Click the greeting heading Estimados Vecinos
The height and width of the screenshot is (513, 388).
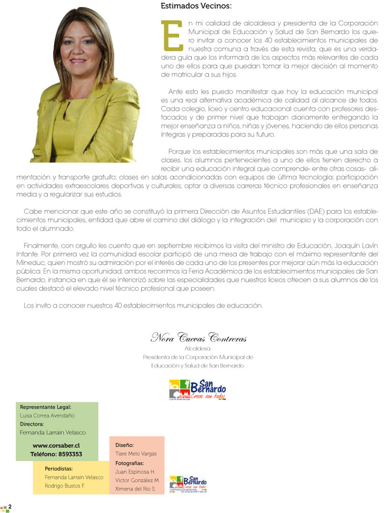point(196,6)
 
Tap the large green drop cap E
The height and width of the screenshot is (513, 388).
point(171,36)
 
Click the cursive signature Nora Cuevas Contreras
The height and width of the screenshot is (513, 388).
point(198,338)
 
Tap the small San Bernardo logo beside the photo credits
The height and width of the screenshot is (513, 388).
point(188,483)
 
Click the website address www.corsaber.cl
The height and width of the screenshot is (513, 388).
point(57,446)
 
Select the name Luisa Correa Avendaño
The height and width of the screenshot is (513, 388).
point(47,415)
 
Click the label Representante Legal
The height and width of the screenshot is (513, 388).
point(45,407)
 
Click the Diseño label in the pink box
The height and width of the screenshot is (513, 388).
point(124,445)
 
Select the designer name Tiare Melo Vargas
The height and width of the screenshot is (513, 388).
point(136,454)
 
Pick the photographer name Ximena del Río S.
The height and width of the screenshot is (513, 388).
point(136,489)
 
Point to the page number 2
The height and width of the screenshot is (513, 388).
point(10,507)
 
